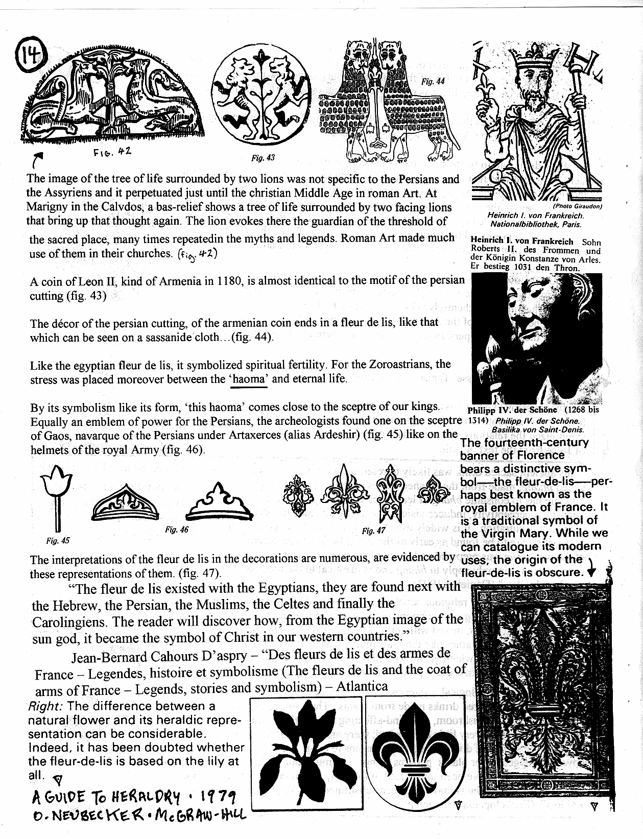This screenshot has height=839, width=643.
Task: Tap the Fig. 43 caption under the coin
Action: coord(263,158)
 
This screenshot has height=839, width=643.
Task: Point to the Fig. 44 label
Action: coord(433,81)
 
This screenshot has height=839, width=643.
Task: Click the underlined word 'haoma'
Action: coord(249,379)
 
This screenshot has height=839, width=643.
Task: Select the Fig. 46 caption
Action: coord(177,530)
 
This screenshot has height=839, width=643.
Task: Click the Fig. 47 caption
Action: coord(373,531)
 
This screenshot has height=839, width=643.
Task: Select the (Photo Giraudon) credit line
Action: coord(578,206)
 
